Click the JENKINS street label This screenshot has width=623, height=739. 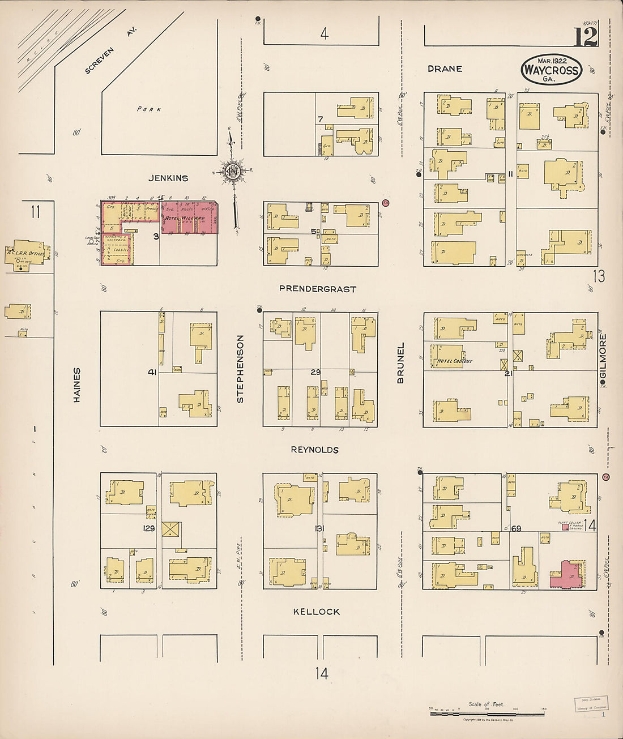coord(168,178)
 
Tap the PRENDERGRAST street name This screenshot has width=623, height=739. coord(317,289)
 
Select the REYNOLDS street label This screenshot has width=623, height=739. coord(314,450)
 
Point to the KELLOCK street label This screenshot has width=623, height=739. coord(317,612)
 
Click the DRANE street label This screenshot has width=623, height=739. coord(445,69)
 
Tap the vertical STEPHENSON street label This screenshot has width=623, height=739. coord(240,369)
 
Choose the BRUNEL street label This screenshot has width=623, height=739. coord(400,362)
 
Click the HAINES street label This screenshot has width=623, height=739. coord(77,385)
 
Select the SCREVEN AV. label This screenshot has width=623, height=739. coord(110,51)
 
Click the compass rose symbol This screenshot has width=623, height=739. coord(233,172)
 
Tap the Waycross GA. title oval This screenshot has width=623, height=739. coord(551,70)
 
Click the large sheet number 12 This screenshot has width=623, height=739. coord(586,37)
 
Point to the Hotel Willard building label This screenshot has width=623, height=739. coord(185,218)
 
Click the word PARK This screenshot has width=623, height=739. coord(148,109)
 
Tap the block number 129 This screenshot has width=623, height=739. coord(148,528)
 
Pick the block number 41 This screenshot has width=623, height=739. coord(152,372)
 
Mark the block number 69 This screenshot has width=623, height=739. coord(515,528)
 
